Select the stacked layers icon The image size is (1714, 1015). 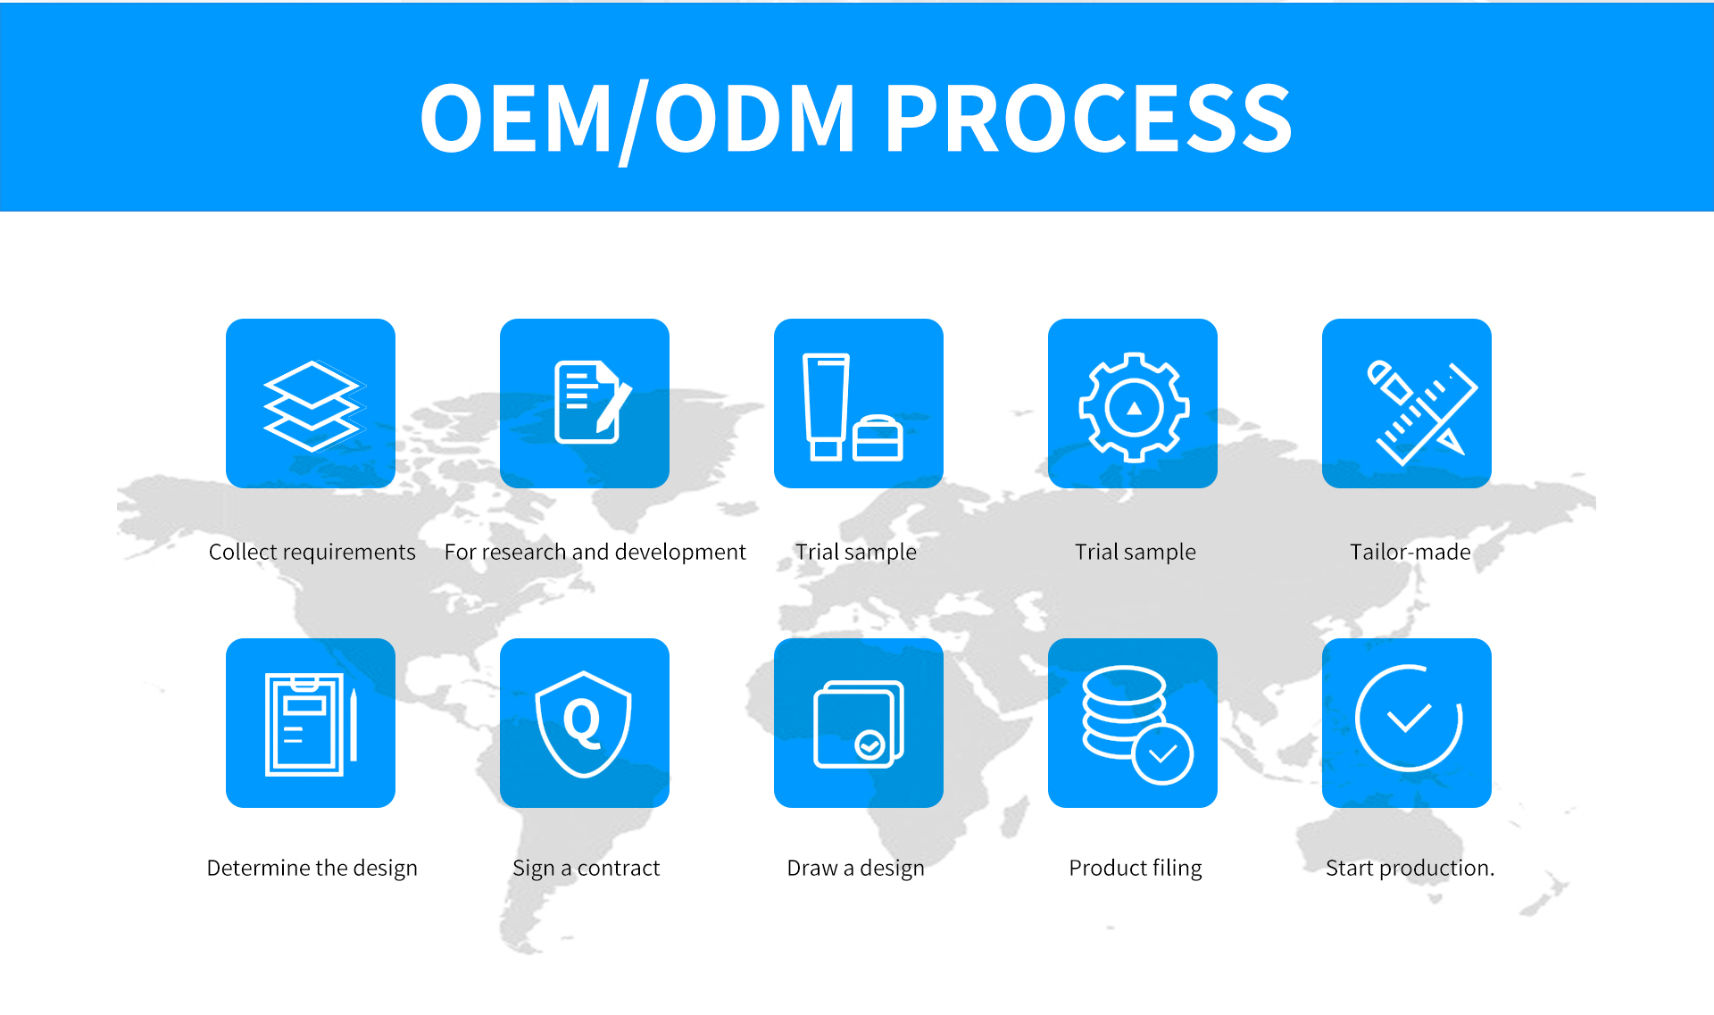312,406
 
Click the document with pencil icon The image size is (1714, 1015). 592,402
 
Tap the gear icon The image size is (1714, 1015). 1134,407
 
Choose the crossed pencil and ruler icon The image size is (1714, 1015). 1421,412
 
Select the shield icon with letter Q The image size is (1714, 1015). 584,724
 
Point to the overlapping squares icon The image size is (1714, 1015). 859,724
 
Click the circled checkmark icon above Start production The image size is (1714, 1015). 1408,718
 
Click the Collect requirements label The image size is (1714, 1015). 312,553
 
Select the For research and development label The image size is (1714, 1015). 595,553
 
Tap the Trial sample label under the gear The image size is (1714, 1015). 1135,553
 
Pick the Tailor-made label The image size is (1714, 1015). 1410,553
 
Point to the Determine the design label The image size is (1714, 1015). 312,869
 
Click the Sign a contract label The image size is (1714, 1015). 586,869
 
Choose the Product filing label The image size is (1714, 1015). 1135,869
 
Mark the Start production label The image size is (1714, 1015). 1410,869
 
